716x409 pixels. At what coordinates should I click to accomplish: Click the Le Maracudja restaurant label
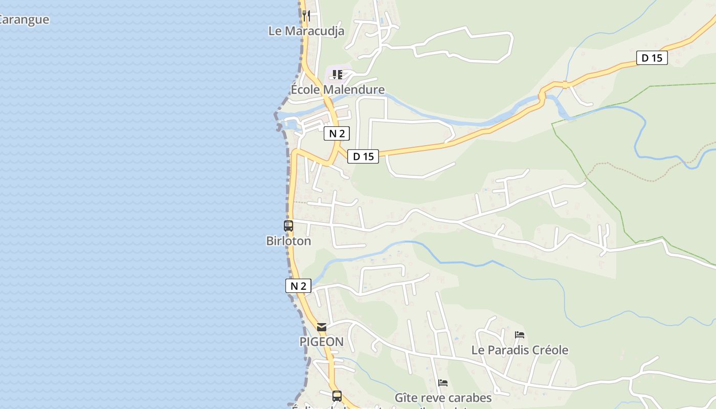click(306, 31)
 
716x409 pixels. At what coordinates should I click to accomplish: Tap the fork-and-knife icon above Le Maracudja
click(306, 15)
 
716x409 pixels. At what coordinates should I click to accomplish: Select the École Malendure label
click(338, 90)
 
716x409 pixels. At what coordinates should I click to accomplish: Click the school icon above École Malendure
click(337, 75)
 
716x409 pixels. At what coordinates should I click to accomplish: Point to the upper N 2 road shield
click(337, 134)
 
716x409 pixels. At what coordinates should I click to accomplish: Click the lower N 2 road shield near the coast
click(298, 286)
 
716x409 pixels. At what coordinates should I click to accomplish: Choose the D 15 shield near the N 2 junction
click(363, 156)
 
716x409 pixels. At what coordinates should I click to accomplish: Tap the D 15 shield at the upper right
click(652, 58)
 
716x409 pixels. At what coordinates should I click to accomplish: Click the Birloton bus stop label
click(288, 241)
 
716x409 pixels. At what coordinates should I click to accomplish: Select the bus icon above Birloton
click(288, 225)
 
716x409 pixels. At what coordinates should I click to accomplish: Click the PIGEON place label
click(321, 342)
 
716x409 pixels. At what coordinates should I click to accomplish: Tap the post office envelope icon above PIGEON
click(321, 327)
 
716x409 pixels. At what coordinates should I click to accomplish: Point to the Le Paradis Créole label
click(520, 350)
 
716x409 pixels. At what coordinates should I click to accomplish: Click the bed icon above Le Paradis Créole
click(520, 335)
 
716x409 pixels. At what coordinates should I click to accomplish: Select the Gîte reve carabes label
click(443, 398)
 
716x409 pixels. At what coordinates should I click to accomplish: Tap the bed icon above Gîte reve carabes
click(443, 382)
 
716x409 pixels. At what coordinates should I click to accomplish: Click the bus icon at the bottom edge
click(337, 396)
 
